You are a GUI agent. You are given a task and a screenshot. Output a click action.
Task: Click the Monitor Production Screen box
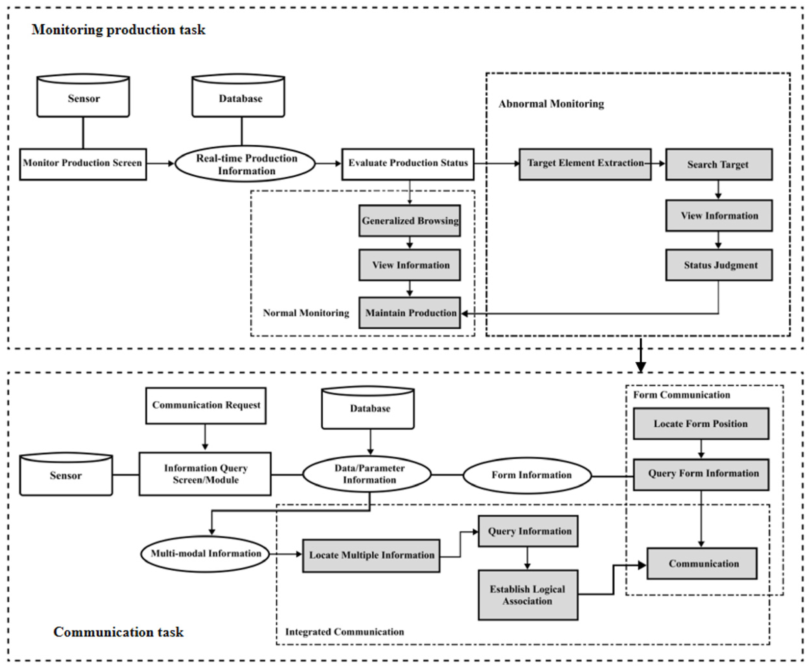tap(83, 164)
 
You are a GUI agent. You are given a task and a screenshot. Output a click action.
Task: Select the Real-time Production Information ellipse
tap(246, 164)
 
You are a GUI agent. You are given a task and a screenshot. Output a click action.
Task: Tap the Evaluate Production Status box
tap(408, 164)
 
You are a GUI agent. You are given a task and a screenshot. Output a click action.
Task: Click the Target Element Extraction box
tap(585, 164)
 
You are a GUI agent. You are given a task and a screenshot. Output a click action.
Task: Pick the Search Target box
tap(719, 164)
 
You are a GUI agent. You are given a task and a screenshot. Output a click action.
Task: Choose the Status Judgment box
tap(719, 265)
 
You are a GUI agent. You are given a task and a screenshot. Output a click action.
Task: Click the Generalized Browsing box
tap(410, 221)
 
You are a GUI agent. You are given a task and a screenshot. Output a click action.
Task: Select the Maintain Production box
tap(410, 313)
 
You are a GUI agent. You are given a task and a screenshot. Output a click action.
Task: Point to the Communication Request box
tap(206, 405)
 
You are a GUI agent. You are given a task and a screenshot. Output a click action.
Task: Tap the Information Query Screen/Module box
tap(205, 474)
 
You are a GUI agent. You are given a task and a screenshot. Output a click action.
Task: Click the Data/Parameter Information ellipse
tap(367, 474)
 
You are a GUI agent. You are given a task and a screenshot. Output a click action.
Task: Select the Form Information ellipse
tap(527, 476)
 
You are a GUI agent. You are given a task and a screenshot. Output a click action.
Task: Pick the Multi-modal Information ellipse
tap(205, 554)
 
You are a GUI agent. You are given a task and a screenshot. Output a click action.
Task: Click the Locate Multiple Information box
tap(371, 556)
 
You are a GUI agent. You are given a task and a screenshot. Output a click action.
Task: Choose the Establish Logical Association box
tap(528, 595)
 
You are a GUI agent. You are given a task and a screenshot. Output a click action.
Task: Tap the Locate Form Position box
tap(701, 424)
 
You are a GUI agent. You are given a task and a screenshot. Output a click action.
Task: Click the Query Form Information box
tap(701, 474)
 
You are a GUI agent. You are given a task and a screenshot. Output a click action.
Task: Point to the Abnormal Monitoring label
tap(551, 104)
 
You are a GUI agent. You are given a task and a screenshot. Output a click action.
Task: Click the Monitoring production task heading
tap(118, 30)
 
